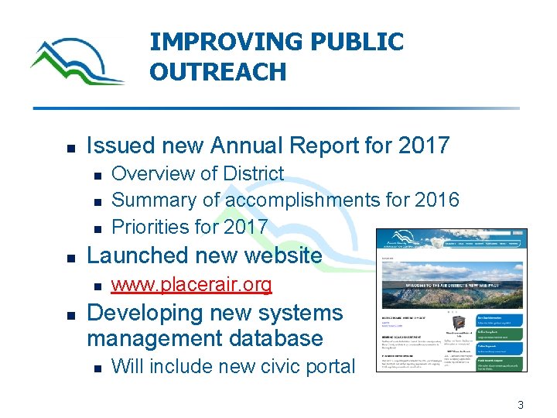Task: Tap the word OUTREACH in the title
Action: (217, 72)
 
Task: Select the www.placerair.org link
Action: (191, 285)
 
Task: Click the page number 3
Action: (521, 405)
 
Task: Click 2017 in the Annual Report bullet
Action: (424, 145)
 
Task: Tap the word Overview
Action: (159, 173)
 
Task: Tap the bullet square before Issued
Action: (70, 146)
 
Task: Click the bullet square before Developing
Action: (70, 315)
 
